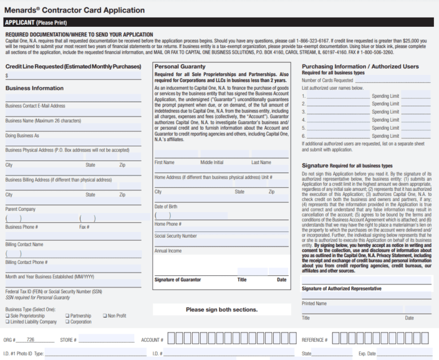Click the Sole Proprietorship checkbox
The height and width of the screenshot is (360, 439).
7,315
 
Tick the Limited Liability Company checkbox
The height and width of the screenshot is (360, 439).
7,322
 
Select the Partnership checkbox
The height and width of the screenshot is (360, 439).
67,315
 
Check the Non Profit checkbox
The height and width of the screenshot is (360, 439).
105,315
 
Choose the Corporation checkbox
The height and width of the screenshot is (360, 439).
67,322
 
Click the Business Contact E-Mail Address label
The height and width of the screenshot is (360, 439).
35,106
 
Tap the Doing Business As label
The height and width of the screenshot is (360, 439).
22,135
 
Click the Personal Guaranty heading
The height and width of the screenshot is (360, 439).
180,66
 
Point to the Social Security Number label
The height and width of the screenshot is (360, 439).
175,235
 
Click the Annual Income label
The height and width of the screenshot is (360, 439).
168,250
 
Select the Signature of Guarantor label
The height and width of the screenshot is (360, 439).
178,279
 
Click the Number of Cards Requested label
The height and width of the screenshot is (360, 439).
327,81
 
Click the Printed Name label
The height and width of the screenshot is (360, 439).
314,303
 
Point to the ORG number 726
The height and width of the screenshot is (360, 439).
30,340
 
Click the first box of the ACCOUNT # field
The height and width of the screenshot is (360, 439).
171,339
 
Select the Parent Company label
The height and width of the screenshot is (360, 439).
21,209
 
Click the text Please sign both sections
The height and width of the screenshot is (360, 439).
221,310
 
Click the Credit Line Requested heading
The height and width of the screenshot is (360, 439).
73,66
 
